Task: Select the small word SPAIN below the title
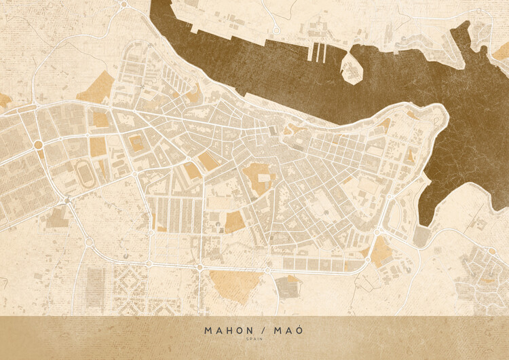(254, 340)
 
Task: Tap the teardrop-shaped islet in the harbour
(352, 68)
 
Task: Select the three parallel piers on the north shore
(318, 53)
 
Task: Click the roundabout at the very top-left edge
(124, 4)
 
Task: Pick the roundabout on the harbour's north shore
(276, 30)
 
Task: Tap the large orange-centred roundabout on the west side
(39, 145)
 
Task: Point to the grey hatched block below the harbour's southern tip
(421, 236)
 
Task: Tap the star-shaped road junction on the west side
(67, 199)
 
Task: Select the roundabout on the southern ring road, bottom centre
(200, 268)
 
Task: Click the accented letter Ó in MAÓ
(299, 330)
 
